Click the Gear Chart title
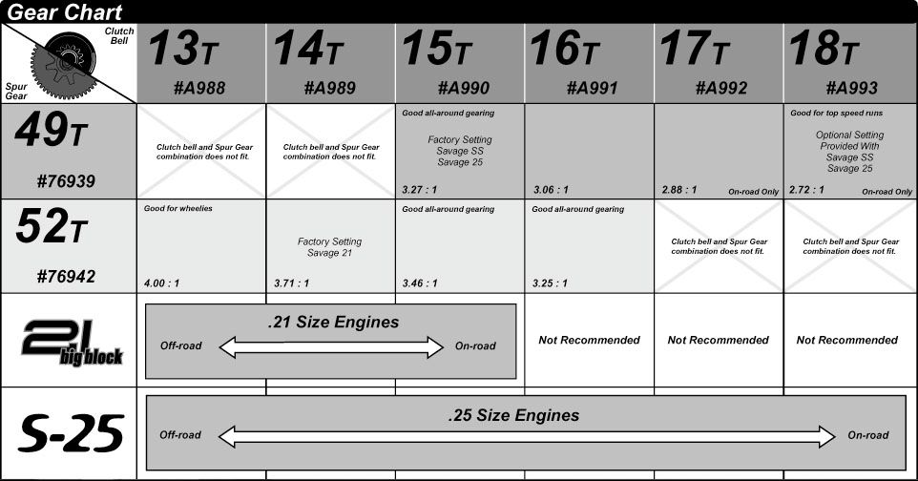pyautogui.click(x=64, y=11)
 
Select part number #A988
pyautogui.click(x=199, y=88)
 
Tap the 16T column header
pyautogui.click(x=565, y=49)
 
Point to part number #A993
pyautogui.click(x=852, y=88)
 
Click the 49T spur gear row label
pyautogui.click(x=51, y=130)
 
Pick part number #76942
pyautogui.click(x=66, y=276)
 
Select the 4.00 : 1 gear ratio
pyautogui.click(x=161, y=283)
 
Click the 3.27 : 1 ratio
pyautogui.click(x=419, y=190)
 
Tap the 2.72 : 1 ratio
pyautogui.click(x=806, y=190)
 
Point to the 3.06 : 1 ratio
pyautogui.click(x=551, y=190)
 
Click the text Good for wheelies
pyautogui.click(x=178, y=209)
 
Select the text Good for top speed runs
pyautogui.click(x=836, y=113)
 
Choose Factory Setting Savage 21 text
pyautogui.click(x=329, y=247)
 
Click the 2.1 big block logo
pyautogui.click(x=72, y=343)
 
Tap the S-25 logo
pyautogui.click(x=72, y=433)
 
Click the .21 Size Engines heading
pyautogui.click(x=333, y=323)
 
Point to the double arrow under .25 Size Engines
pyautogui.click(x=527, y=437)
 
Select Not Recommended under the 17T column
pyautogui.click(x=719, y=341)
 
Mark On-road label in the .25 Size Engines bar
pyautogui.click(x=868, y=435)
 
